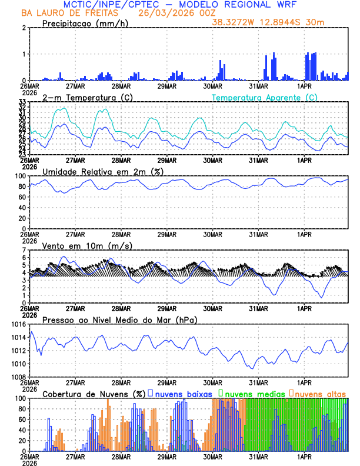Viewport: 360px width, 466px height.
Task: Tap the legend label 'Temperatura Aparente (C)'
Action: point(264,97)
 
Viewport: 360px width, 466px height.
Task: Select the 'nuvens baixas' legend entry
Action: point(179,393)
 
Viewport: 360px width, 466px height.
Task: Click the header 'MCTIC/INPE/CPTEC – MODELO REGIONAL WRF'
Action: point(179,4)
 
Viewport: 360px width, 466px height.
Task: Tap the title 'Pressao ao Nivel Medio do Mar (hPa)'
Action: point(119,319)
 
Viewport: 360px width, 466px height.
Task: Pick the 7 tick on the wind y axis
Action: point(24,250)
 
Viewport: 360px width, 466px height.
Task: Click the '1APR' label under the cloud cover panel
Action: point(304,456)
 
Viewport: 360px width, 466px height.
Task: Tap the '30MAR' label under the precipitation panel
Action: point(213,85)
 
